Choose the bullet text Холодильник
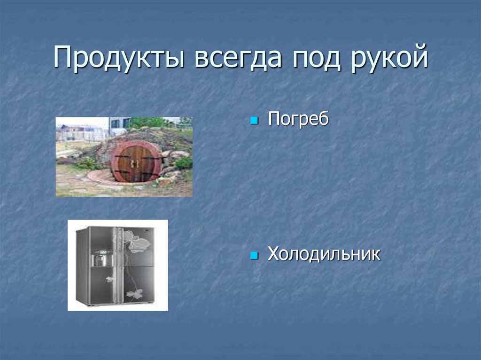click(x=324, y=255)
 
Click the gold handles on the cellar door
click(x=135, y=163)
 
